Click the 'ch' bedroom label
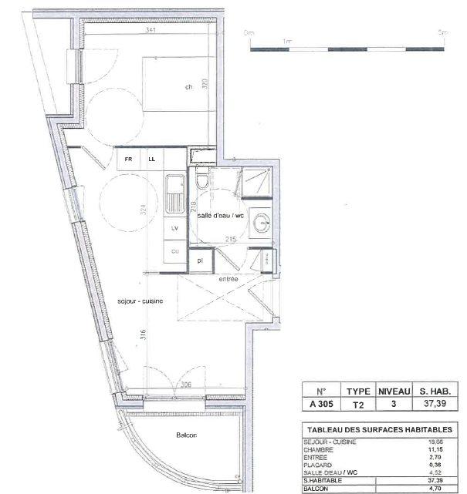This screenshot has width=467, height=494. (188, 87)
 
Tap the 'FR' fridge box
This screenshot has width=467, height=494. (129, 160)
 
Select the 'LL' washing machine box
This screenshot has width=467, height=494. (152, 160)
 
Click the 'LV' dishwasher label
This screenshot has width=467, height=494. (174, 230)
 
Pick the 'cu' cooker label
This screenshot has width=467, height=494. (174, 251)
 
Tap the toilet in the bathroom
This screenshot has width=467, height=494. (201, 182)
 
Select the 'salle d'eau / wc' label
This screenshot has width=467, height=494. (220, 217)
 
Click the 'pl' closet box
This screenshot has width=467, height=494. (199, 260)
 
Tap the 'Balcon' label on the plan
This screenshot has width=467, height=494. (186, 435)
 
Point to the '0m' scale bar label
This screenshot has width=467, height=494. (249, 33)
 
